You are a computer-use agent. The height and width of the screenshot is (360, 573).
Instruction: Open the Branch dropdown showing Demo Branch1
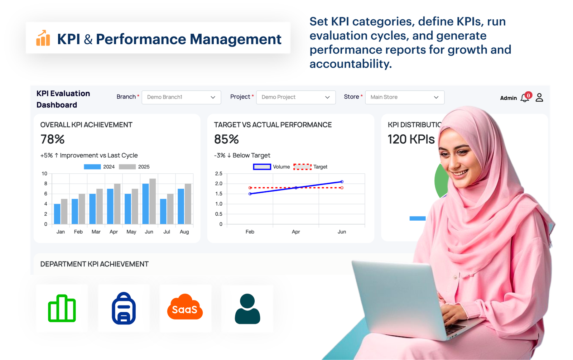(x=181, y=97)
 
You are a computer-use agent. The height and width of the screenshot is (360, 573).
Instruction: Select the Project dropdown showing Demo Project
(x=296, y=97)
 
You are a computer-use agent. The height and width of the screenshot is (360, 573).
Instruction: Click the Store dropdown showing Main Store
(x=405, y=97)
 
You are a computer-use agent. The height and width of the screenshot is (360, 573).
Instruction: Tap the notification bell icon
(x=525, y=98)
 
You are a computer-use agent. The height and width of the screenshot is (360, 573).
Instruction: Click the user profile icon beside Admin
(x=539, y=97)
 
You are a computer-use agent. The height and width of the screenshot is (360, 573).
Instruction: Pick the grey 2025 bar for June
(x=153, y=201)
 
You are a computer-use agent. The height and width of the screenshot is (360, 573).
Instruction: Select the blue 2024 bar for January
(x=57, y=214)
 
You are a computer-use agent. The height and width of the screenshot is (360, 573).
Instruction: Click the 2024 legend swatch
(x=92, y=167)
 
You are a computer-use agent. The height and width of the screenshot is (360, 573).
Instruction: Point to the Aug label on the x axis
(x=184, y=232)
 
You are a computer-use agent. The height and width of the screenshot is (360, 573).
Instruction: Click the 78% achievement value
(x=53, y=139)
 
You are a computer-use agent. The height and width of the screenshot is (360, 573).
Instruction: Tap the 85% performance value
(x=226, y=139)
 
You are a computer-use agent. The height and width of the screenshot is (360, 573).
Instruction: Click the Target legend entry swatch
(x=302, y=167)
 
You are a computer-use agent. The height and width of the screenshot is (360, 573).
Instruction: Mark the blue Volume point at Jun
(x=342, y=182)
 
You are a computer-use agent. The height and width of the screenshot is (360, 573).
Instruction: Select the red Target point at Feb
(x=250, y=188)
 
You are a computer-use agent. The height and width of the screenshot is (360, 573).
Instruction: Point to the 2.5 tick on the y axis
(x=218, y=173)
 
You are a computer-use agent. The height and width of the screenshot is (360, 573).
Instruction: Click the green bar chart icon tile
(x=62, y=308)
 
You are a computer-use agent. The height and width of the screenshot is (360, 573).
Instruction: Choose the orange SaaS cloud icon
(x=185, y=308)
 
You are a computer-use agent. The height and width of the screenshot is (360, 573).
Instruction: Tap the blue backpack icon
(x=124, y=308)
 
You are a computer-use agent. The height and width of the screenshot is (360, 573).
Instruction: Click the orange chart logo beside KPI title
(x=43, y=38)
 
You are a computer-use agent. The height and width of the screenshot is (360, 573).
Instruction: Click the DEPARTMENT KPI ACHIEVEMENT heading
(x=94, y=264)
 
